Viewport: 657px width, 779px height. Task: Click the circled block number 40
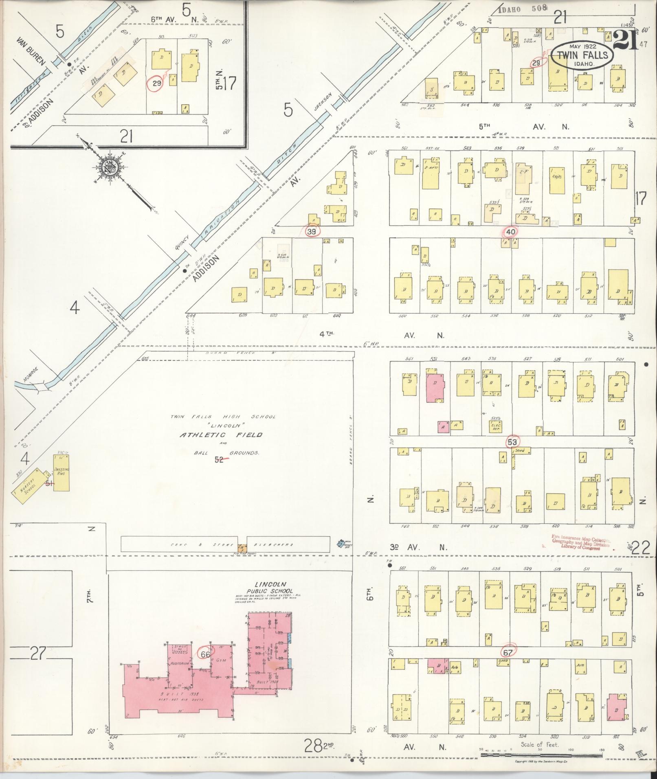coord(510,232)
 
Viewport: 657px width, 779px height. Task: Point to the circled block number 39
coord(313,232)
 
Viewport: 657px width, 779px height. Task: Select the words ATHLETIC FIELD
coord(221,435)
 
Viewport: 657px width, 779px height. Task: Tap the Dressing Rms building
coord(62,474)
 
